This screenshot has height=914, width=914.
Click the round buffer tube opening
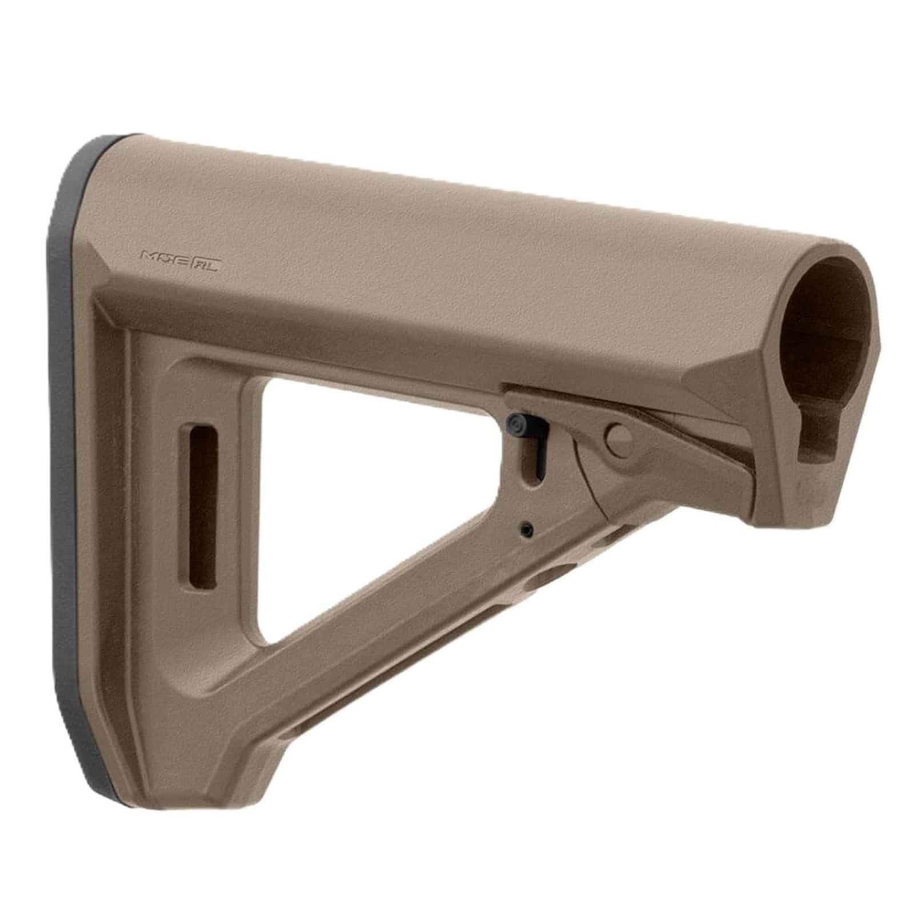point(823,320)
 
